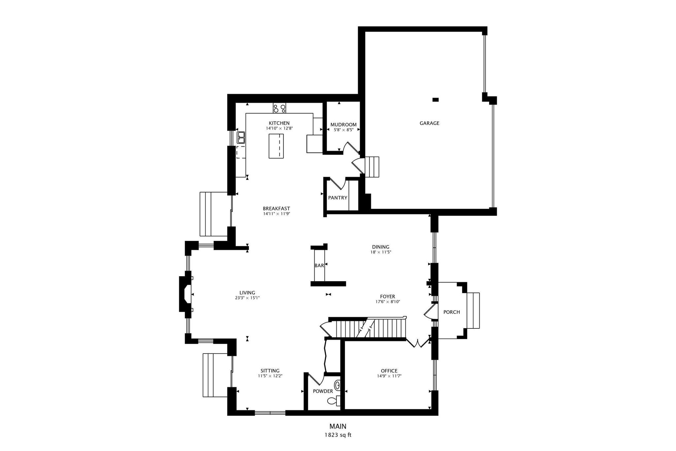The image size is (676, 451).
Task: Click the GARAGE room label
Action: (x=429, y=123)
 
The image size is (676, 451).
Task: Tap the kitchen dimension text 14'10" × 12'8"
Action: (x=279, y=128)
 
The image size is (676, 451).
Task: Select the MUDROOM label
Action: (x=344, y=125)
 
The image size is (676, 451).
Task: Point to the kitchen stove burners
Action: (x=280, y=108)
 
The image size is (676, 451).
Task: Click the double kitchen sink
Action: (x=241, y=137)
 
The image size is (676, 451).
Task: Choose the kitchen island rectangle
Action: (x=276, y=146)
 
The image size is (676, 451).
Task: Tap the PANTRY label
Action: (x=338, y=198)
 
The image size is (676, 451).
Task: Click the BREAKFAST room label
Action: (x=276, y=208)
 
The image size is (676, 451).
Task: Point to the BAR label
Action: (x=319, y=265)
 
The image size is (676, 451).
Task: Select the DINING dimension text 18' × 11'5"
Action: (x=381, y=252)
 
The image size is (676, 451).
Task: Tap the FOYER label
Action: (x=388, y=296)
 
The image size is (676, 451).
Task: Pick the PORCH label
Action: (x=452, y=312)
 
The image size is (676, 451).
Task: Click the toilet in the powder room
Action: (x=334, y=401)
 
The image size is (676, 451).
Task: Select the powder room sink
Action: (x=337, y=385)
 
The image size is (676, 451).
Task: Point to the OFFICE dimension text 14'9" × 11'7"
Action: (x=389, y=376)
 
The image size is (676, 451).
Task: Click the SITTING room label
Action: (x=270, y=371)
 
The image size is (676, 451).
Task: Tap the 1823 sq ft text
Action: (x=338, y=435)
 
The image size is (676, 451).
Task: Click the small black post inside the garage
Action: (x=436, y=99)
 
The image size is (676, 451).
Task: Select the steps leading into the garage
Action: (x=372, y=167)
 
